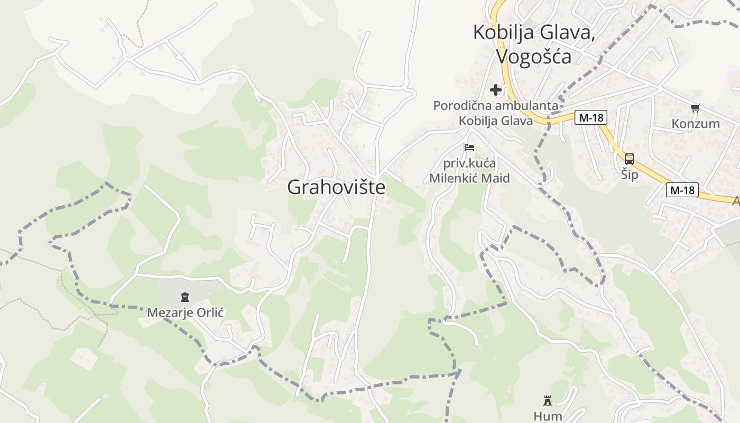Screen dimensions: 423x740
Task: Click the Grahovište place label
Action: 336,187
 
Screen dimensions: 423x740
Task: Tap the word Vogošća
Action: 534,56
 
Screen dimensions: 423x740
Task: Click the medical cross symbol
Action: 496,90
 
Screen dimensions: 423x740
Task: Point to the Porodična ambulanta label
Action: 495,106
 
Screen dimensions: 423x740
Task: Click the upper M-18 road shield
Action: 591,117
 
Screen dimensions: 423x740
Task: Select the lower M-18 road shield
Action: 682,190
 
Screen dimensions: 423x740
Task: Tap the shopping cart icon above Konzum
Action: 696,108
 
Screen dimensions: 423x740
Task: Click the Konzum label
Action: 696,124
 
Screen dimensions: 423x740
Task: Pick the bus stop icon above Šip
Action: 630,159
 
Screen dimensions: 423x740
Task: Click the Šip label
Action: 630,174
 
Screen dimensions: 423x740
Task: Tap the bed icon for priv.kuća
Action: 469,147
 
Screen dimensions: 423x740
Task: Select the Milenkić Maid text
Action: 469,178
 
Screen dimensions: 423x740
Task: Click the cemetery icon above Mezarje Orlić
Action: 185,297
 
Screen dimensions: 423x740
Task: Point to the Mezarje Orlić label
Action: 185,312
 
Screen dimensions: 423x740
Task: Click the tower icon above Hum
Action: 548,400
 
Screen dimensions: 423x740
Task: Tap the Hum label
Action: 548,416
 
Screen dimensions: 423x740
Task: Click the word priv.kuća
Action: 469,163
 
